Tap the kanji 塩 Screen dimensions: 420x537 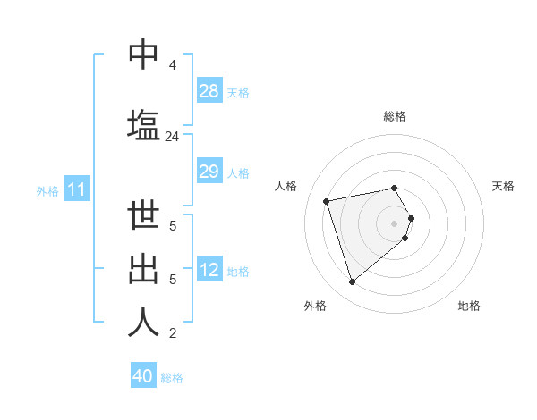click(x=143, y=123)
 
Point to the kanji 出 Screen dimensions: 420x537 click(x=143, y=271)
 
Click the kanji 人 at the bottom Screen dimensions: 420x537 click(x=143, y=323)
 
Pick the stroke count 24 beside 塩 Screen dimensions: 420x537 click(x=172, y=137)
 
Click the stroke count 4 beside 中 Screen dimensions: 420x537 click(x=172, y=65)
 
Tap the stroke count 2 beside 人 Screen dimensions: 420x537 click(x=172, y=334)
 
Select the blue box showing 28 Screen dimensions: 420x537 click(x=209, y=91)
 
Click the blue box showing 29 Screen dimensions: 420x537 click(x=209, y=172)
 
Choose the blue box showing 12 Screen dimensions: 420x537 click(x=209, y=271)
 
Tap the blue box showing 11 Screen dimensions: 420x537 click(x=77, y=189)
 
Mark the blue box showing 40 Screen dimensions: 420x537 click(x=143, y=376)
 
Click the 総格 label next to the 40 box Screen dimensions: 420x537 click(x=173, y=378)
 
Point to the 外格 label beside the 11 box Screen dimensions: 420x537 click(x=47, y=191)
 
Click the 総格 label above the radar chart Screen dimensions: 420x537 click(x=395, y=116)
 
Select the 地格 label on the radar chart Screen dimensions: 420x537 click(x=469, y=307)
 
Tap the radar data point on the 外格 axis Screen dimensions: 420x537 click(x=352, y=282)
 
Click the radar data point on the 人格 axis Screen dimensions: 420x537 click(x=327, y=200)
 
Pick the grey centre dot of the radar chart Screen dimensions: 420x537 click(x=395, y=223)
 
